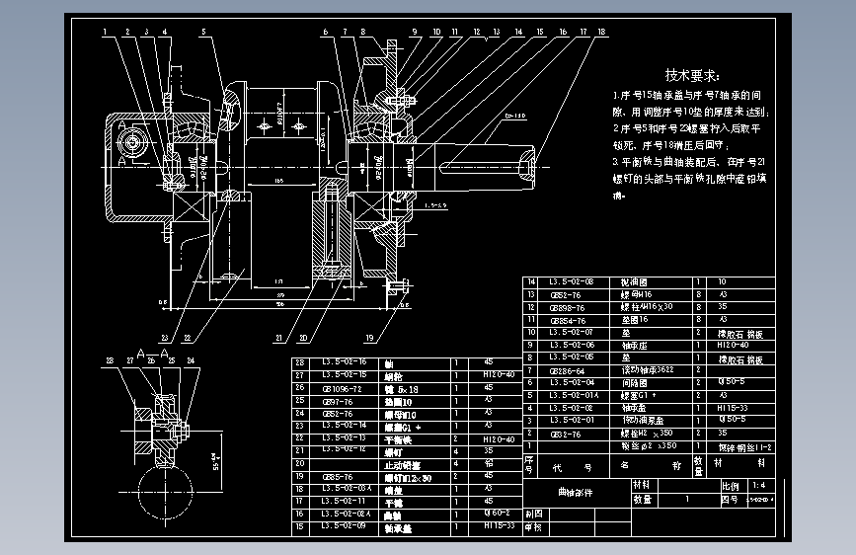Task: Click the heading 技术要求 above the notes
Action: [691, 75]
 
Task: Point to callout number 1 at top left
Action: [104, 32]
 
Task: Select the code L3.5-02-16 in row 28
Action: [344, 362]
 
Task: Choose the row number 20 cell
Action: [300, 464]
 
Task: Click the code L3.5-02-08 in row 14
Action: [572, 281]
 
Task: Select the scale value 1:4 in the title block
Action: [757, 486]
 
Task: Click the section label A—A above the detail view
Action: [148, 352]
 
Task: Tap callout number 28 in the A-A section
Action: [109, 360]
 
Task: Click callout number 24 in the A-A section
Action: [190, 360]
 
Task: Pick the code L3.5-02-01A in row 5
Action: [572, 394]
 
